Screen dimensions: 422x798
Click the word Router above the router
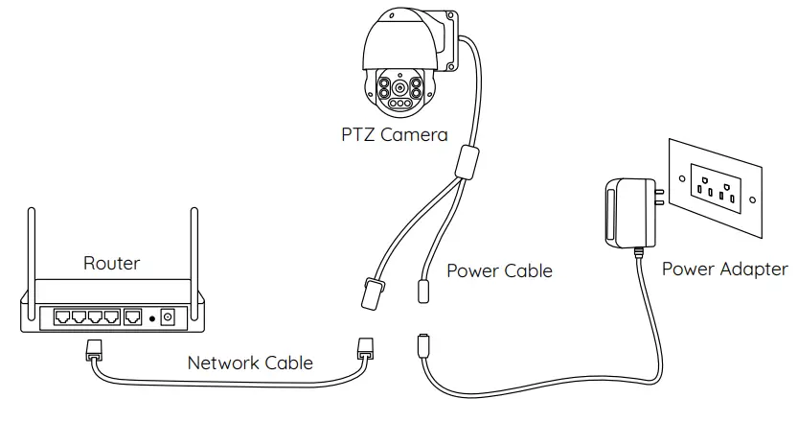pos(111,263)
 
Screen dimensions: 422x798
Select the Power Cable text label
pos(499,271)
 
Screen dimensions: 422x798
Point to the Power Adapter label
pos(724,270)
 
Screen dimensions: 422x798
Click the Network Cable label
pos(250,363)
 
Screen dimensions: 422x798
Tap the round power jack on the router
pos(169,316)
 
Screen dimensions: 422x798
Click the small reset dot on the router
pos(151,317)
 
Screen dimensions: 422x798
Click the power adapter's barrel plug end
pos(422,342)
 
